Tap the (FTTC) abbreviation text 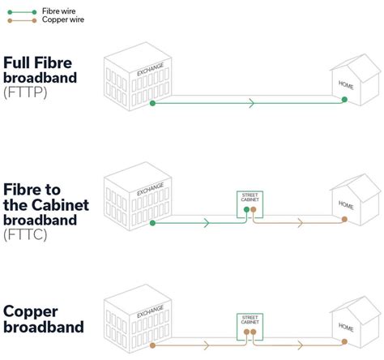coord(24,234)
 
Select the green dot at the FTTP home coord(344,101)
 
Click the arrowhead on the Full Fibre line coord(252,103)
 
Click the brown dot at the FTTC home coord(344,219)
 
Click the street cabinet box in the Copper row coord(249,324)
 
